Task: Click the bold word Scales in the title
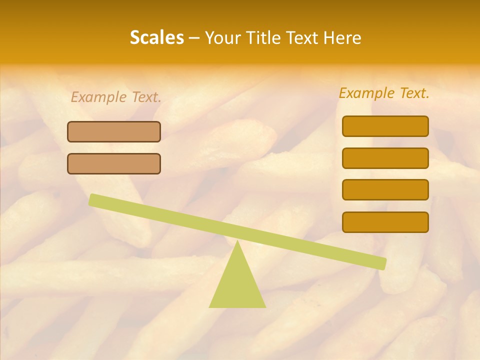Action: tap(156, 37)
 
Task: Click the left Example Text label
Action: tap(116, 97)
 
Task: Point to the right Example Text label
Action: tap(384, 93)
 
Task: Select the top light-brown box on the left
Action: tap(114, 131)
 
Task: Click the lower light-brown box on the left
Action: tap(114, 163)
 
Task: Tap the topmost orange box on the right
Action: tap(385, 126)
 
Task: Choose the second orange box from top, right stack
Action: tap(385, 158)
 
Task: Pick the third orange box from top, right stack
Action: tap(385, 190)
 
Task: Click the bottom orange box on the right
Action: tap(385, 222)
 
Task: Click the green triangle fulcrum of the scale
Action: tap(237, 285)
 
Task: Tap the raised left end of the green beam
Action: tap(93, 199)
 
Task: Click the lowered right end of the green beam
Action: tap(382, 263)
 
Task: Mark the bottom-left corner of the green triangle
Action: tap(210, 307)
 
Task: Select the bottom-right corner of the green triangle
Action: tap(265, 307)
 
